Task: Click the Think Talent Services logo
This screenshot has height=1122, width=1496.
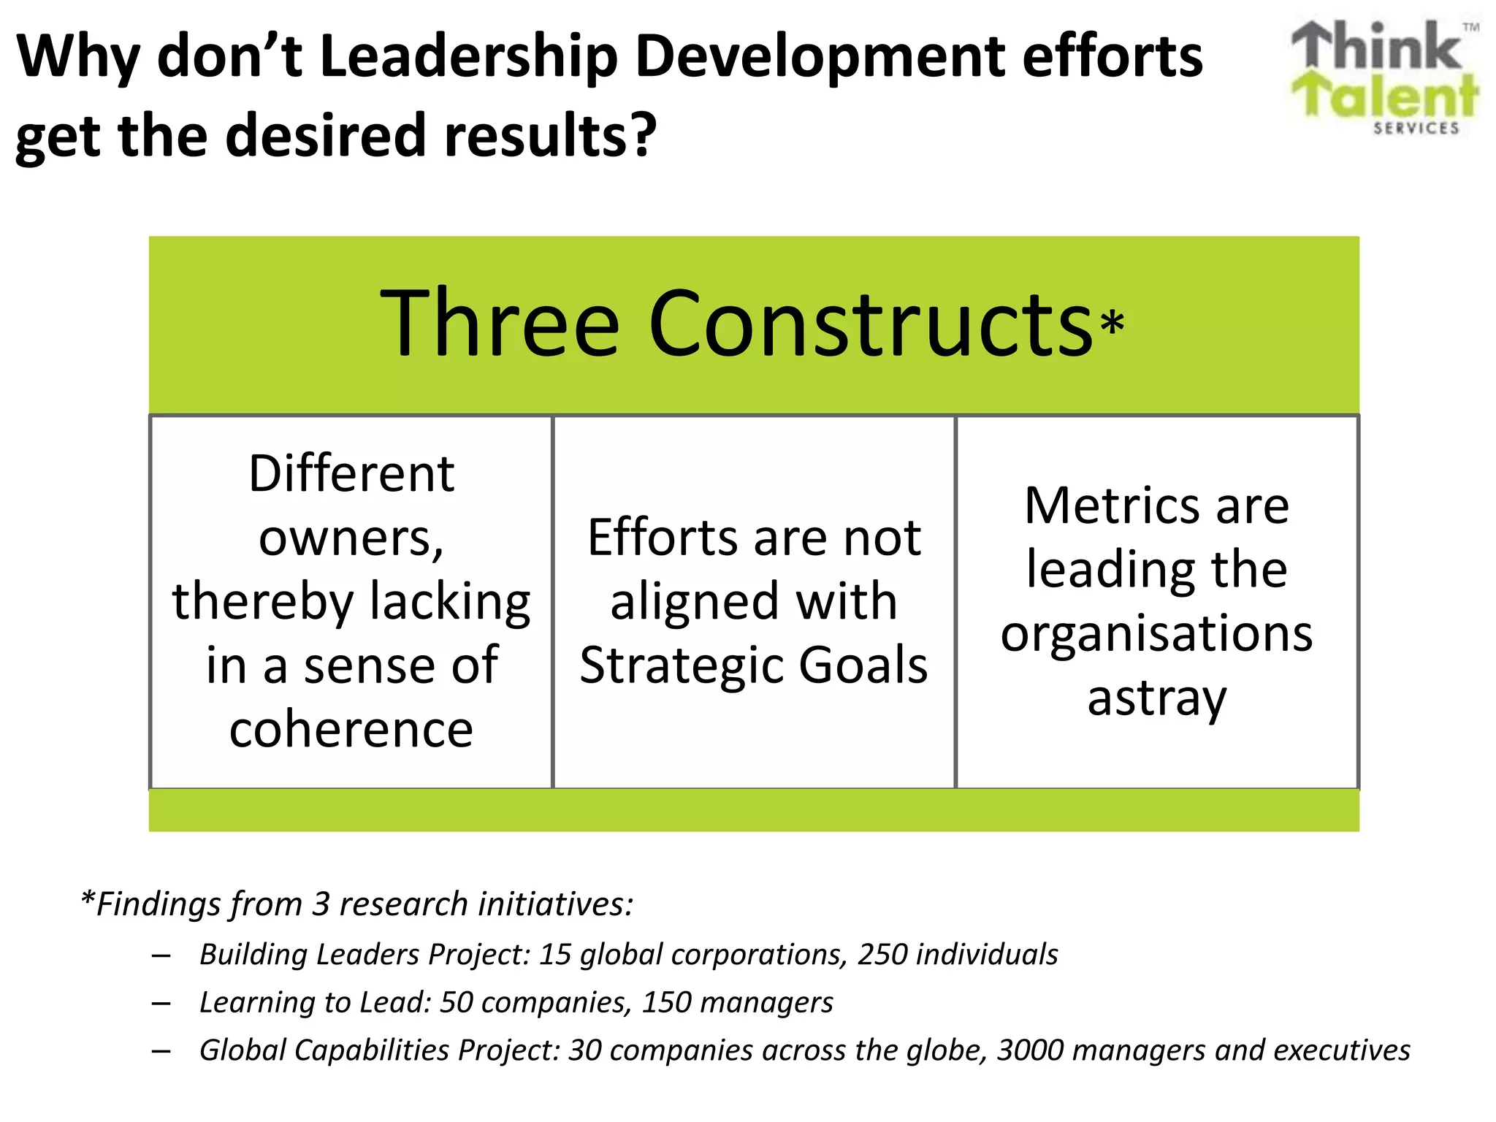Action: [1385, 77]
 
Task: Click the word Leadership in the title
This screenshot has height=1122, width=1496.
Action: [468, 57]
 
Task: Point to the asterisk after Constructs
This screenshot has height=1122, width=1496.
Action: [1112, 323]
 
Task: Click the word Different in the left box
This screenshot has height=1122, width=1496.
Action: [351, 473]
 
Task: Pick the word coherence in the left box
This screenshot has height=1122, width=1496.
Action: [351, 729]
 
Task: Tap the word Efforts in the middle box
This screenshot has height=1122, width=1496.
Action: [663, 538]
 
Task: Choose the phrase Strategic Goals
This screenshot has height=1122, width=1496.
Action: [754, 665]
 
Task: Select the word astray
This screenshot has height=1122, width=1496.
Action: [1157, 698]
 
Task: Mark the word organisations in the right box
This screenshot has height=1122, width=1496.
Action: [1157, 633]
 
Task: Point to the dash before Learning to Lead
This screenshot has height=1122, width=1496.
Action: [161, 1003]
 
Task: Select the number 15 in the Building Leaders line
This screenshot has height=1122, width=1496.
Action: [555, 954]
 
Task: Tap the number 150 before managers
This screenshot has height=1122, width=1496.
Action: [666, 1002]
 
